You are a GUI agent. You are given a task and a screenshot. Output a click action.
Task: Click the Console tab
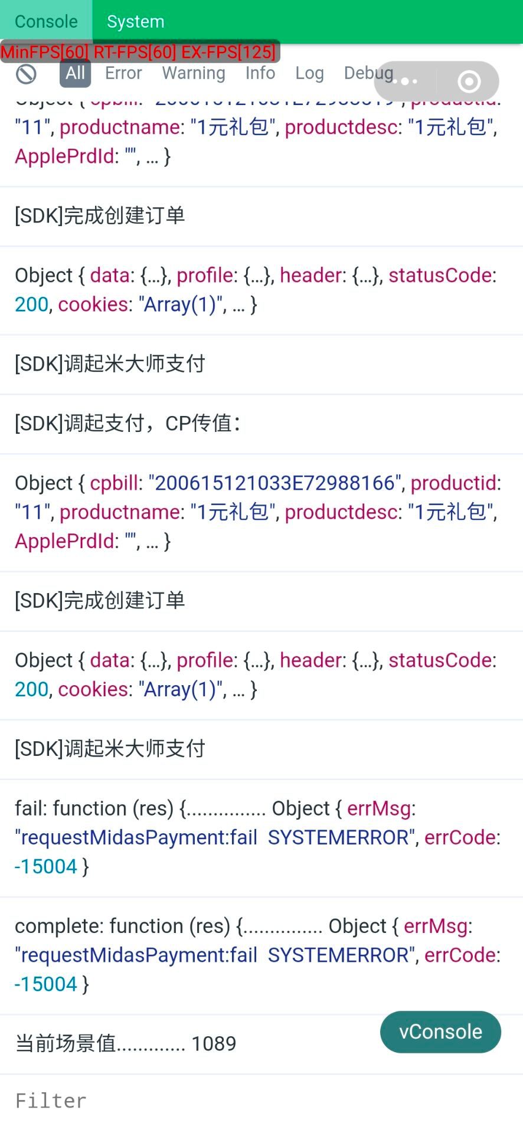click(46, 21)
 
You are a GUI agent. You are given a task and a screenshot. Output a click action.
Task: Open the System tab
click(135, 21)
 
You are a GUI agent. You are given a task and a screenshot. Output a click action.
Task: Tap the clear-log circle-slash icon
click(26, 74)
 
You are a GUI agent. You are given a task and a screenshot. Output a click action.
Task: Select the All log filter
click(75, 73)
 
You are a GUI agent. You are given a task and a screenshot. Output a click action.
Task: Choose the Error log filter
click(123, 73)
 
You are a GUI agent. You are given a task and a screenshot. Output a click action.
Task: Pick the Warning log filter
click(194, 73)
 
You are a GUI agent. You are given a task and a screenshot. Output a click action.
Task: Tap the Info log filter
click(260, 73)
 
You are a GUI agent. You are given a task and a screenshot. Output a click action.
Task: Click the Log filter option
click(309, 73)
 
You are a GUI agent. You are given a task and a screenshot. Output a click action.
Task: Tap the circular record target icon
click(469, 81)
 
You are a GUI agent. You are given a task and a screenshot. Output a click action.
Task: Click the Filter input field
click(260, 1101)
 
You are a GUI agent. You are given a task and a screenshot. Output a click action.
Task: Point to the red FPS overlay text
click(138, 52)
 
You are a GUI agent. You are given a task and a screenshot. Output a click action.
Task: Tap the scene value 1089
click(214, 1044)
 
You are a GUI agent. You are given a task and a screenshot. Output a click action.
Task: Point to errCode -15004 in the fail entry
click(46, 866)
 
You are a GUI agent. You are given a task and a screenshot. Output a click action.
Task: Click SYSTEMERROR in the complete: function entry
click(338, 955)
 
